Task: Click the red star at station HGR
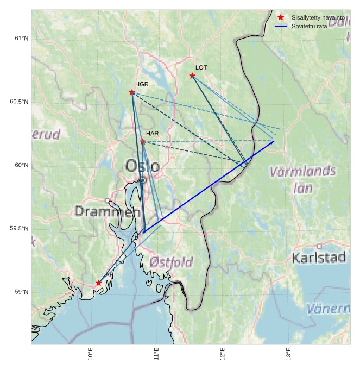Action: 132,92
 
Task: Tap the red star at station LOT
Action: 192,76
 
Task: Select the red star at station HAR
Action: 143,142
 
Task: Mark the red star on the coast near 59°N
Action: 98,283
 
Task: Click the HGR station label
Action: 142,84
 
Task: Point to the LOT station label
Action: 201,67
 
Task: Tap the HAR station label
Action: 152,133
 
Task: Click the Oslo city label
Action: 142,165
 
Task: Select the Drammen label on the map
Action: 103,211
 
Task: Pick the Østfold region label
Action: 171,262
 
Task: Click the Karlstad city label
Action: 319,258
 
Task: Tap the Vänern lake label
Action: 328,309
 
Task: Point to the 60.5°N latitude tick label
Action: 19,102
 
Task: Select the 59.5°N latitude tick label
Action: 19,229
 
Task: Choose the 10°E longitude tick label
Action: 91,355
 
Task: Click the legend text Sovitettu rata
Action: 309,26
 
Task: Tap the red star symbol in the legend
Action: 281,17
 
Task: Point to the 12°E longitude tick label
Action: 223,355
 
